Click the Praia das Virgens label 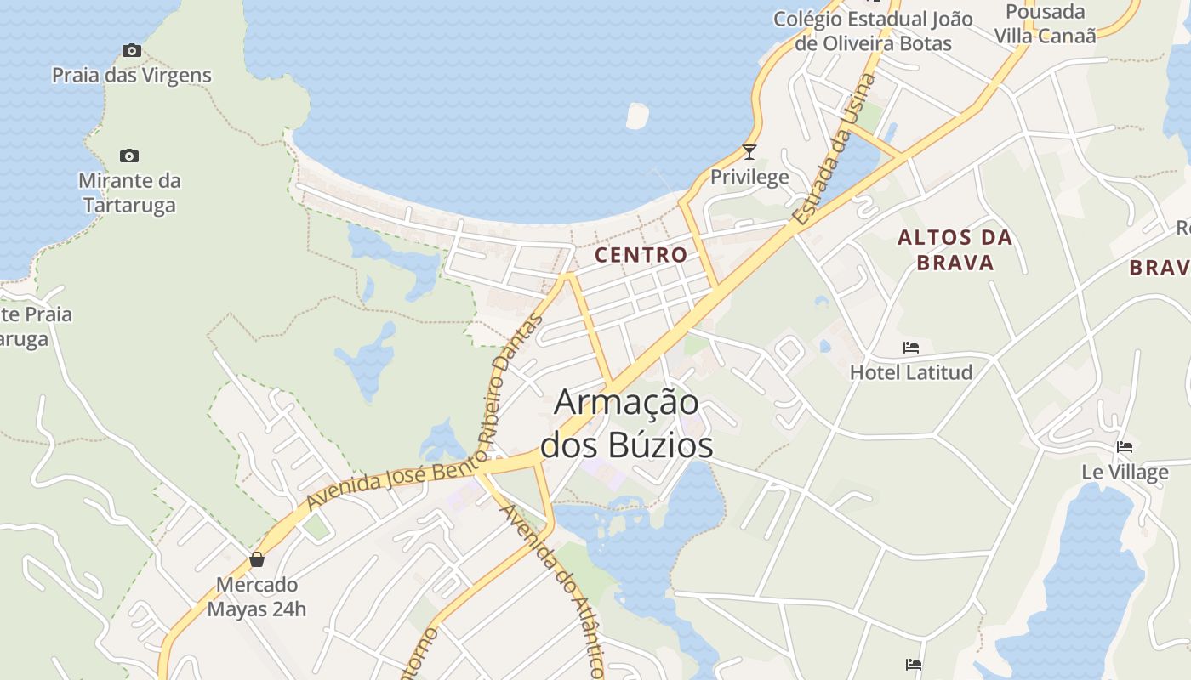(131, 75)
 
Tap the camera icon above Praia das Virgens (131, 51)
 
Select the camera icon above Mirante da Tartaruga (129, 156)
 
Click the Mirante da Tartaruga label (129, 193)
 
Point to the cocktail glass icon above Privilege (749, 152)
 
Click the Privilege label (749, 177)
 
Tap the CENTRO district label (641, 254)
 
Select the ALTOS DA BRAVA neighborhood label (955, 250)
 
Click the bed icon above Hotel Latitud (911, 348)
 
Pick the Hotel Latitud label (911, 371)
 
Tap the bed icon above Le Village (1125, 447)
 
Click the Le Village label (1125, 472)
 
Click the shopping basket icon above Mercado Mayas (257, 559)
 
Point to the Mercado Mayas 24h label (257, 597)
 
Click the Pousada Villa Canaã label (1046, 24)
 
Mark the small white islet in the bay (637, 116)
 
